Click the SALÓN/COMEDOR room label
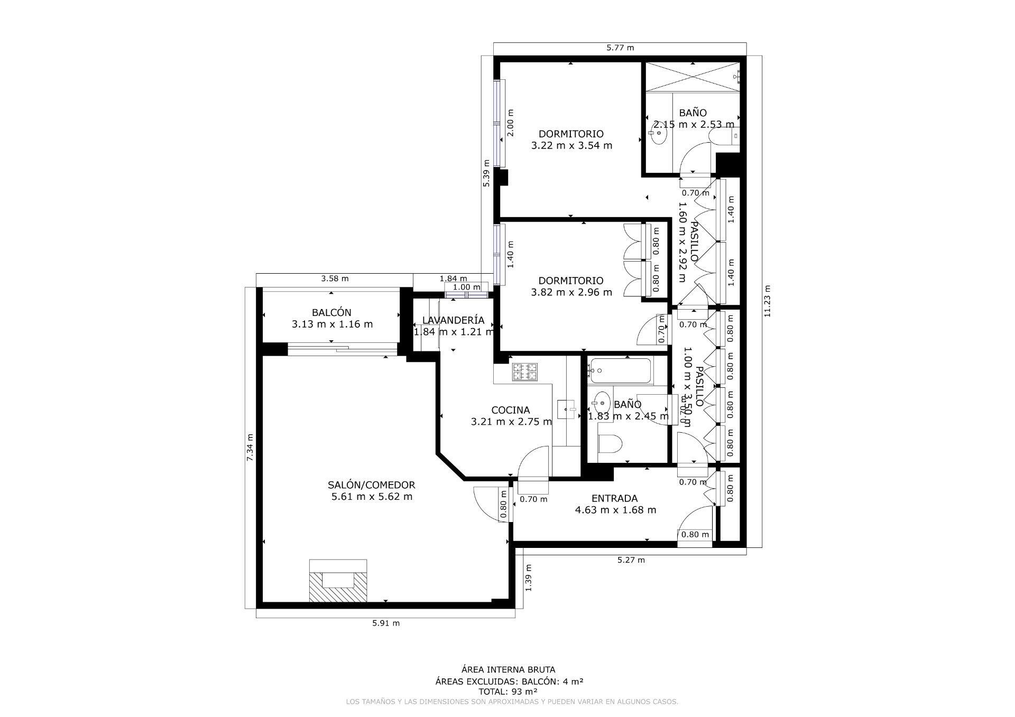371,485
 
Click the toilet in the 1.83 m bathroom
611,444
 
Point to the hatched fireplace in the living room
338,581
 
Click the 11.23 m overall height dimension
767,301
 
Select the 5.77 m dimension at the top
620,48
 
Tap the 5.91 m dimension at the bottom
386,623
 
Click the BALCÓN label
331,313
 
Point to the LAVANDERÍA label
453,320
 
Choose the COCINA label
510,410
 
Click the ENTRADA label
614,498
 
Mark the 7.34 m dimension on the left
250,447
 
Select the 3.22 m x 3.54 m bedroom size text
571,145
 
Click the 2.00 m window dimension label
510,123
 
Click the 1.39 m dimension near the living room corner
529,578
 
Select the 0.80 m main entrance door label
695,534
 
